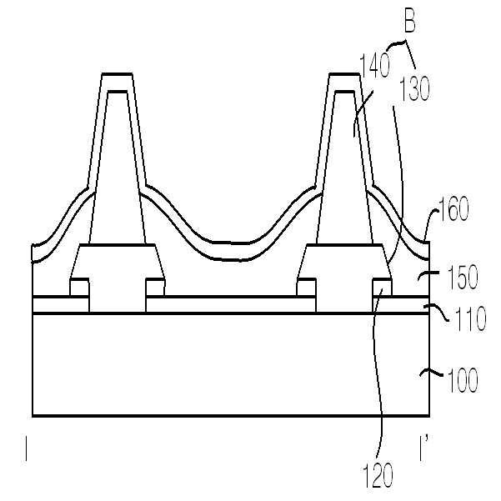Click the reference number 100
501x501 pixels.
click(x=463, y=380)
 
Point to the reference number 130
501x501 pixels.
click(x=414, y=88)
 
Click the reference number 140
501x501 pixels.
click(x=375, y=65)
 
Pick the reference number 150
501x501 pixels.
click(x=463, y=278)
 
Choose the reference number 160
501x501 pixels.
click(x=453, y=208)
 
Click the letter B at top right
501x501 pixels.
click(x=410, y=23)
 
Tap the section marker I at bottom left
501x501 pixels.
click(x=26, y=449)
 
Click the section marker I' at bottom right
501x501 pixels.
click(x=423, y=449)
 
